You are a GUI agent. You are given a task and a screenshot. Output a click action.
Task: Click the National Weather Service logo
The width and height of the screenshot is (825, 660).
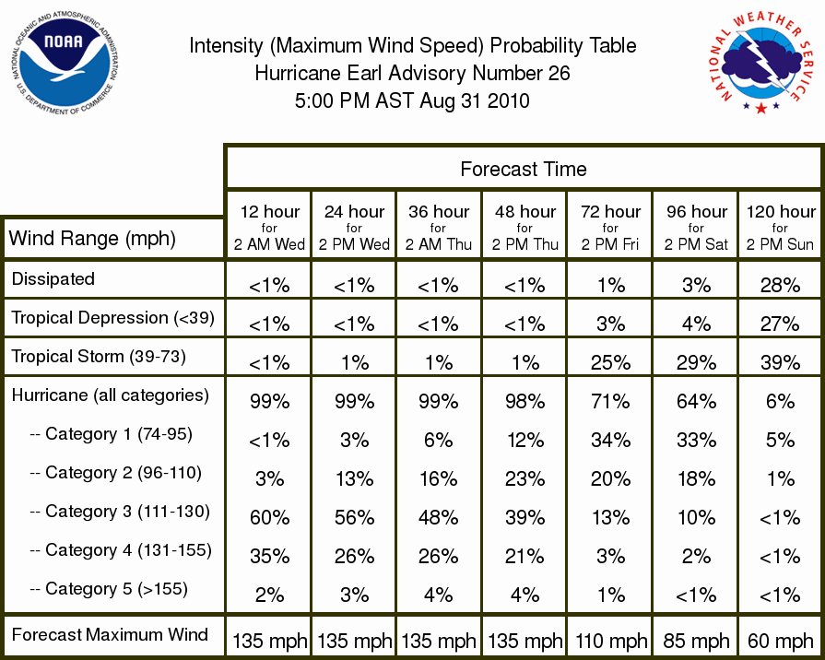(761, 64)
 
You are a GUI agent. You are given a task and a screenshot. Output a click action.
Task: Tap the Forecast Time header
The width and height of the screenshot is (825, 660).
(523, 169)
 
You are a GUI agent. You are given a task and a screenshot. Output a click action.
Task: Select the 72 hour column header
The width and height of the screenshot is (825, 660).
(610, 228)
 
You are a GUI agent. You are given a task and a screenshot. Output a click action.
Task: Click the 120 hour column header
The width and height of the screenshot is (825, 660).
(780, 228)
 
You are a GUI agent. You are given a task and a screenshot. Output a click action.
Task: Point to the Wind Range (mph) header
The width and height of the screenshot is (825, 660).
(92, 239)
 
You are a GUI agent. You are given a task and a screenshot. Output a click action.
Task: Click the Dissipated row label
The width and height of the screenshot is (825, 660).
(53, 279)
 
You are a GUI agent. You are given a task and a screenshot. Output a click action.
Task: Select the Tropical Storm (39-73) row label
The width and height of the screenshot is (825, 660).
(99, 357)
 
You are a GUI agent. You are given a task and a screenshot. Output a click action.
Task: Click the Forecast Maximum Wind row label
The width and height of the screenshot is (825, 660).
(110, 635)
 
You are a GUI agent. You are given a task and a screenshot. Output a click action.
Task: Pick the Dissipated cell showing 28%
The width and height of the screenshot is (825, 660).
(780, 285)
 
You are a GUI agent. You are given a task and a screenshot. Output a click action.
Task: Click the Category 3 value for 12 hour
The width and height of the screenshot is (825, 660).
(269, 517)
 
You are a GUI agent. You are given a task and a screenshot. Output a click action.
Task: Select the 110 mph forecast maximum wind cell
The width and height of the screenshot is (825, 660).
(610, 641)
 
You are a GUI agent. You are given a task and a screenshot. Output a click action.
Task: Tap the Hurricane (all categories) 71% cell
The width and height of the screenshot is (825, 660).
(610, 402)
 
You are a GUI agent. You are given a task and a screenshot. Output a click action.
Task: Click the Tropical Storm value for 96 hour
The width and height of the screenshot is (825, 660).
(696, 362)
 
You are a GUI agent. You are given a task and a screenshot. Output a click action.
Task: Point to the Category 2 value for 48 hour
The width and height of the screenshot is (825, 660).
(524, 479)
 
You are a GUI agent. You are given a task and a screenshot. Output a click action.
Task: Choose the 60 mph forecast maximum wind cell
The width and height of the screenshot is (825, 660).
(780, 641)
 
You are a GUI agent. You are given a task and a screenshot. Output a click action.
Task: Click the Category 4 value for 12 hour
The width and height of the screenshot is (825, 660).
(269, 557)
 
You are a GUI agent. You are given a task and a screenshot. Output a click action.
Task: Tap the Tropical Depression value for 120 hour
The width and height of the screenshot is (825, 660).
(780, 324)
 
